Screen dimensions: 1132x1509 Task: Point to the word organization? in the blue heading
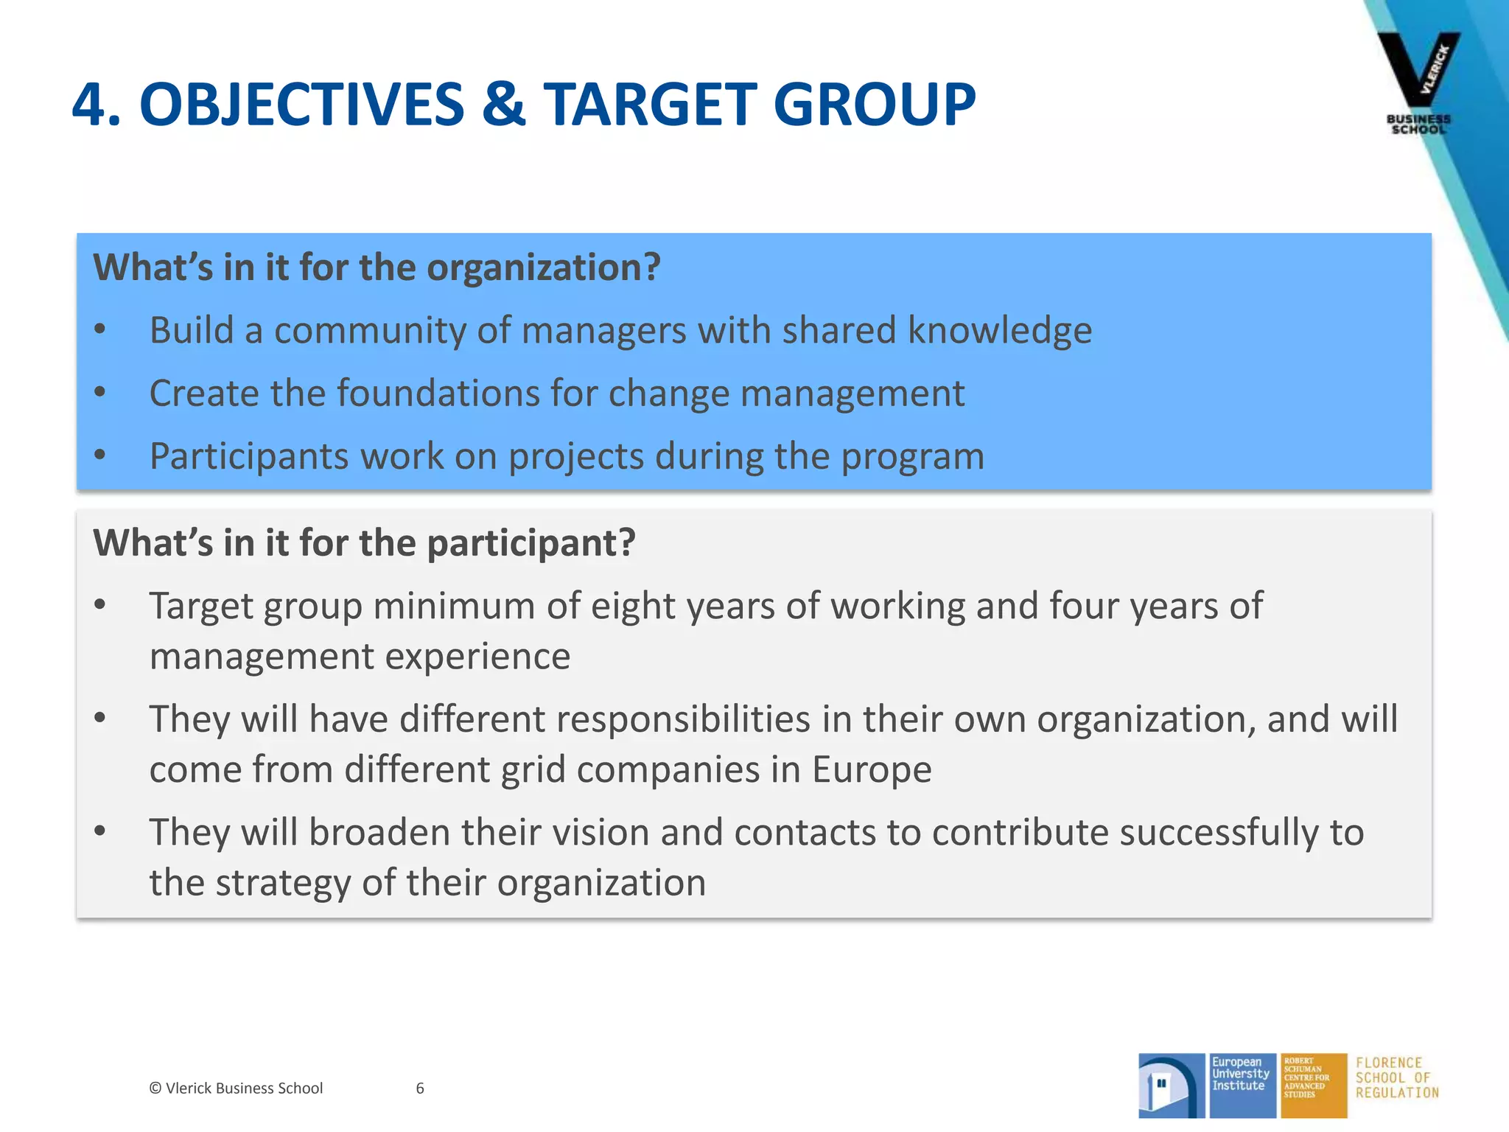pos(544,267)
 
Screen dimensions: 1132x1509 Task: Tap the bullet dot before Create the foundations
pos(100,393)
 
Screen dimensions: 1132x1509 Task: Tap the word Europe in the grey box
pos(872,769)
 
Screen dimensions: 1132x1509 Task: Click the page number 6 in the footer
pos(420,1089)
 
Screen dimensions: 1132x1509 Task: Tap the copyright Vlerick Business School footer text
pos(236,1089)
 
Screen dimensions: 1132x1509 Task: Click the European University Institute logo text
pos(1240,1075)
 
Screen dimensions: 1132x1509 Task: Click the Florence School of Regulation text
pos(1396,1077)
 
